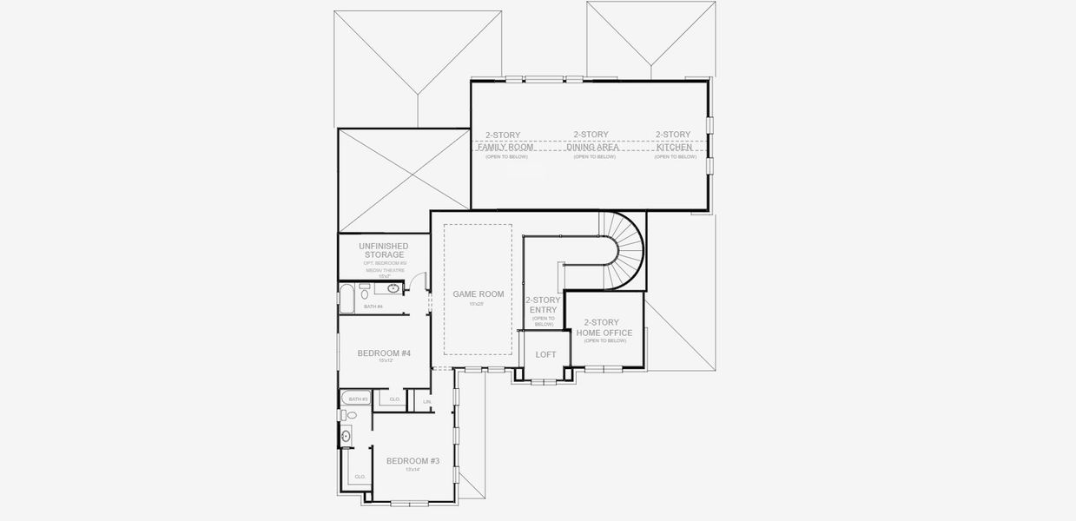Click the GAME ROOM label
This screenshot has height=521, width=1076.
[x=478, y=294]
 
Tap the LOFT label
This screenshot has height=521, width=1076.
[x=545, y=354]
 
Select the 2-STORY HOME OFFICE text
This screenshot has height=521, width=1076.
[x=607, y=327]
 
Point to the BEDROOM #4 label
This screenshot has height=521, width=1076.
[x=384, y=353]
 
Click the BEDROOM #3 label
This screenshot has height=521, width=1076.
[x=413, y=461]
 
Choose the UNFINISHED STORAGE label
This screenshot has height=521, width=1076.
[x=383, y=251]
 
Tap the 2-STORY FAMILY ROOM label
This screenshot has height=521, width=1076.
[x=505, y=141]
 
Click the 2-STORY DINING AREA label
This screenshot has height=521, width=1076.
[x=593, y=141]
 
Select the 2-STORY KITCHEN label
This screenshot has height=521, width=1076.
[x=674, y=141]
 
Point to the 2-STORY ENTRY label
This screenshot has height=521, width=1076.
[x=543, y=305]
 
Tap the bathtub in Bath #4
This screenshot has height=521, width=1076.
[x=346, y=298]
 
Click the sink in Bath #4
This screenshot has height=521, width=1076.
[x=393, y=288]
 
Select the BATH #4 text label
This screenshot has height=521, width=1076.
[x=373, y=307]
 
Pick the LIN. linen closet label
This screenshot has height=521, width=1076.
[x=427, y=401]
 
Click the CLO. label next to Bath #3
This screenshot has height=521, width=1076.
[x=394, y=399]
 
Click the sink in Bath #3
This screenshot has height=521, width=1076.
[x=346, y=436]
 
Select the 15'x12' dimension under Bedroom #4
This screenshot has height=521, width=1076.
[x=384, y=360]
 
